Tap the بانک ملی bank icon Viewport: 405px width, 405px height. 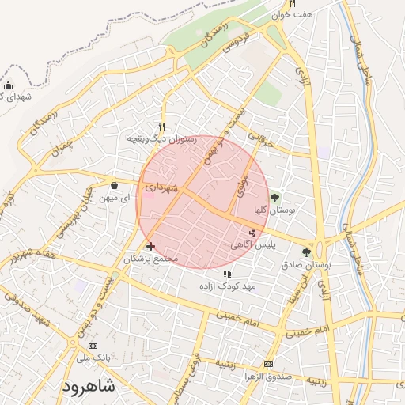[93, 346]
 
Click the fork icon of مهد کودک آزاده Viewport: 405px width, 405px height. [228, 274]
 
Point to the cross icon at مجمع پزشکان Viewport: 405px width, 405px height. [150, 247]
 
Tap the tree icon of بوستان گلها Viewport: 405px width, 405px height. [274, 198]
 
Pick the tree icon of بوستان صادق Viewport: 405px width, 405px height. [306, 253]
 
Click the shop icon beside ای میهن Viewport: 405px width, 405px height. [114, 186]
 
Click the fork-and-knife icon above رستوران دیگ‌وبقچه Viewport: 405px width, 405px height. [161, 127]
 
